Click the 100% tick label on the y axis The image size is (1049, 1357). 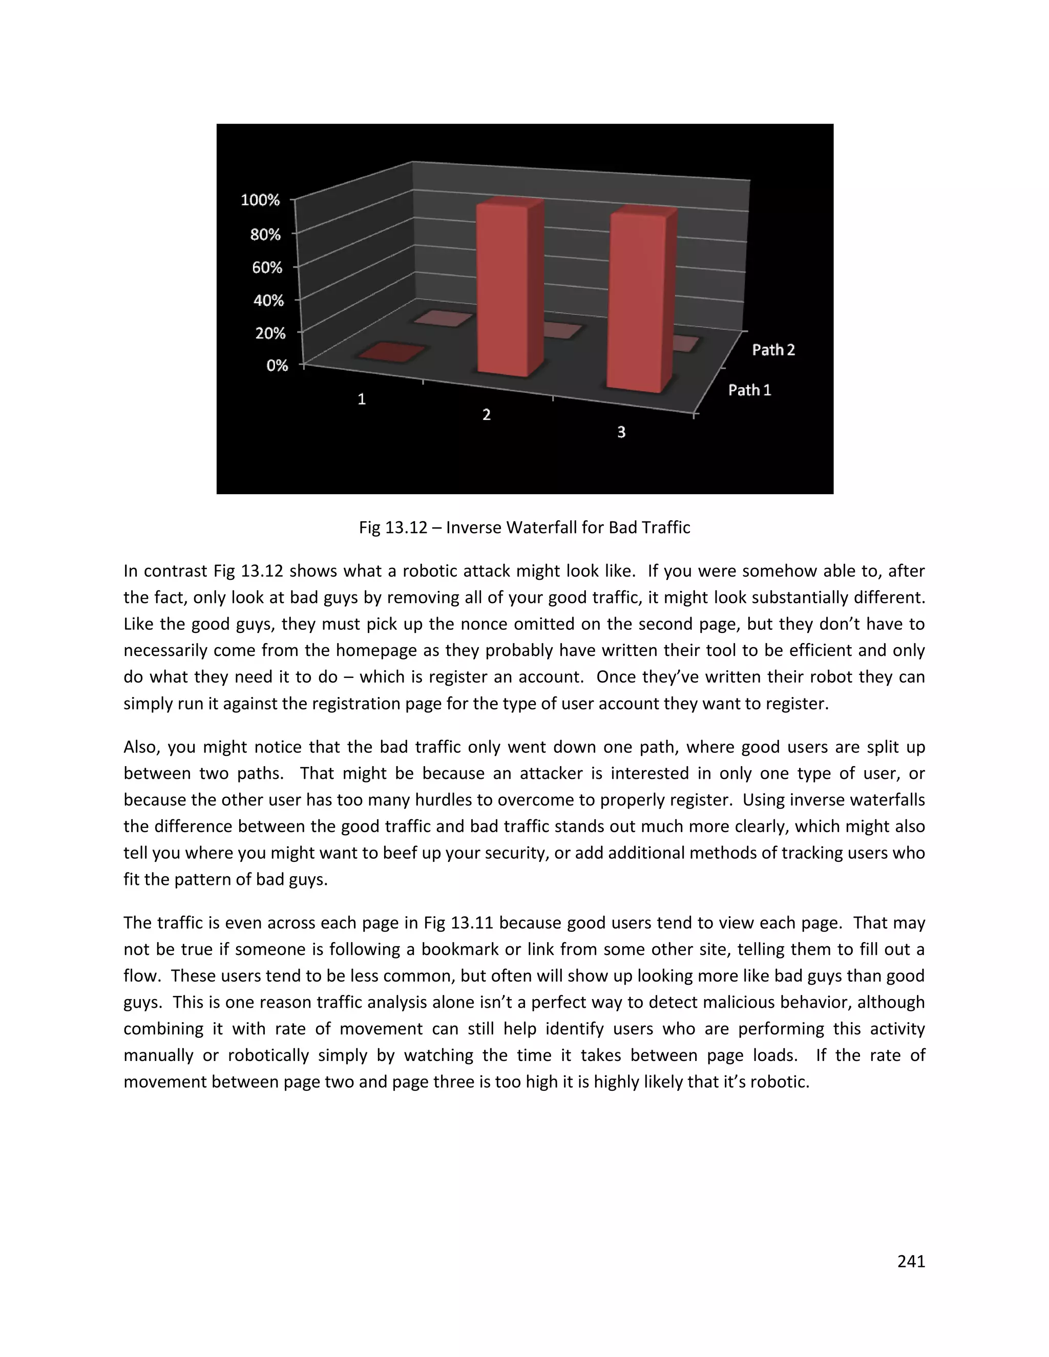point(260,200)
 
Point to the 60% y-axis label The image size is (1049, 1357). point(267,268)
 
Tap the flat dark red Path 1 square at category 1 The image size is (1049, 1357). point(391,353)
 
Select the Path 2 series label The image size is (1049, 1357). point(773,350)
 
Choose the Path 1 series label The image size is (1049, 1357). point(749,390)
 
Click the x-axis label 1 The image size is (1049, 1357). point(362,399)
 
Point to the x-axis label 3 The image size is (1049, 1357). point(621,433)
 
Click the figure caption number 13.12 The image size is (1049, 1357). point(406,528)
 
